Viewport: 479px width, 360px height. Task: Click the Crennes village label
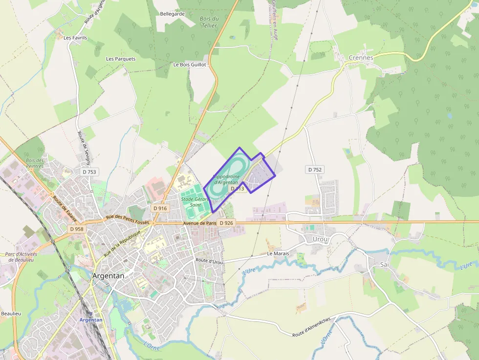click(361, 58)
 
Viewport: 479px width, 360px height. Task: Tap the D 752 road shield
click(315, 169)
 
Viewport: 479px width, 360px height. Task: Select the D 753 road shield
click(89, 171)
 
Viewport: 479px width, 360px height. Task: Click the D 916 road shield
click(160, 208)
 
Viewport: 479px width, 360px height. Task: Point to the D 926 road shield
click(227, 223)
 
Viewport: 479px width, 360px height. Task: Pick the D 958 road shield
click(77, 229)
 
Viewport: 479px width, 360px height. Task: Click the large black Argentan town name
click(109, 275)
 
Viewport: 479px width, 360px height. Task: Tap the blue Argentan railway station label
click(91, 320)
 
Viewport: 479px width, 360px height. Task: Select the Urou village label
click(321, 239)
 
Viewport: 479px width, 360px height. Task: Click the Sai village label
click(385, 264)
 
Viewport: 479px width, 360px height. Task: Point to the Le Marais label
click(278, 254)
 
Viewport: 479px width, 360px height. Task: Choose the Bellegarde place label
click(173, 14)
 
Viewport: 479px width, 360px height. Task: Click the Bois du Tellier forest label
click(209, 22)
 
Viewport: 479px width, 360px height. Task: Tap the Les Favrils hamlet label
click(75, 38)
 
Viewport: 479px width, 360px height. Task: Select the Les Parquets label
click(121, 59)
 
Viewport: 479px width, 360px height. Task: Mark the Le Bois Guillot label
click(190, 64)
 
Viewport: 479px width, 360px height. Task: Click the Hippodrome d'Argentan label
click(226, 179)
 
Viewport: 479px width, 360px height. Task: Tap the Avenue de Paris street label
click(199, 223)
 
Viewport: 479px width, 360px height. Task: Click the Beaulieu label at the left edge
click(10, 313)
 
